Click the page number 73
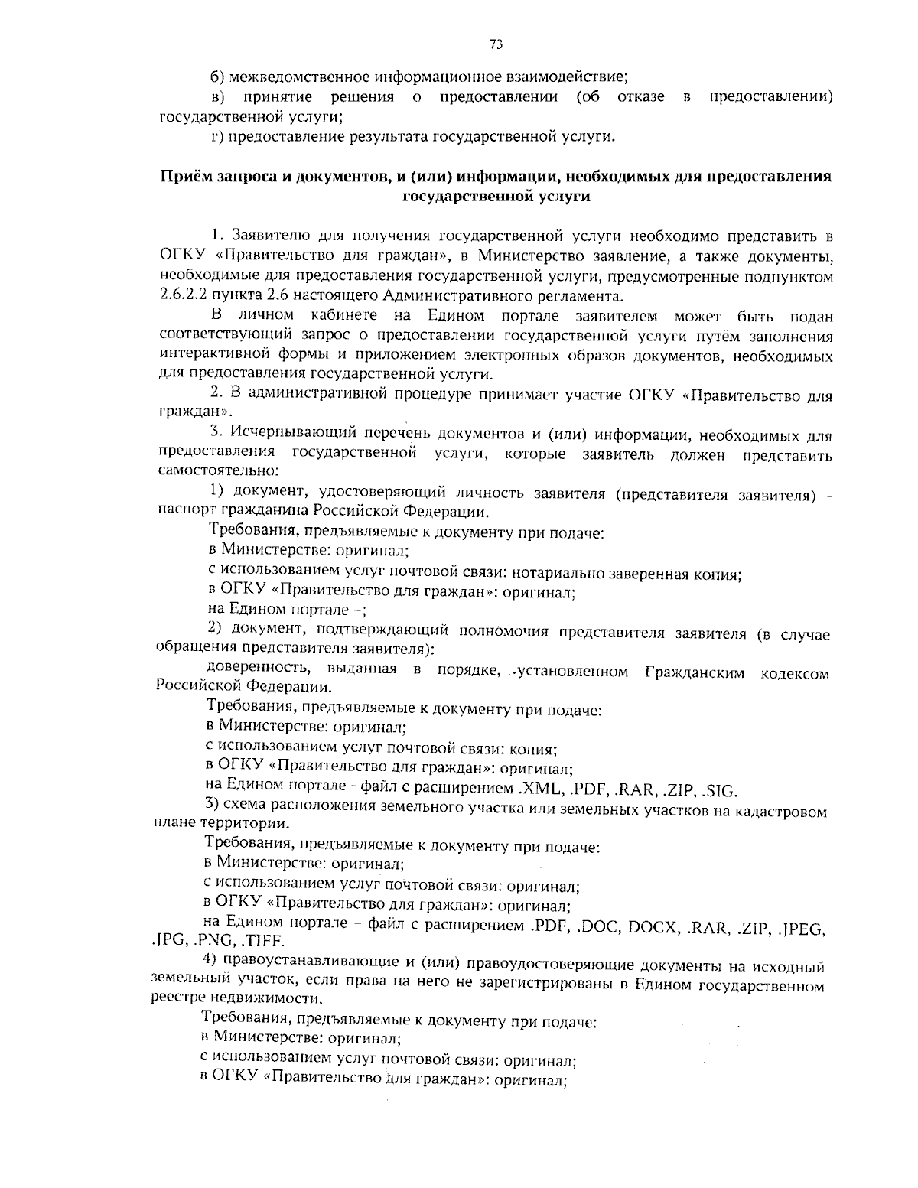[x=495, y=44]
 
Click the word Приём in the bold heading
[x=184, y=177]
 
